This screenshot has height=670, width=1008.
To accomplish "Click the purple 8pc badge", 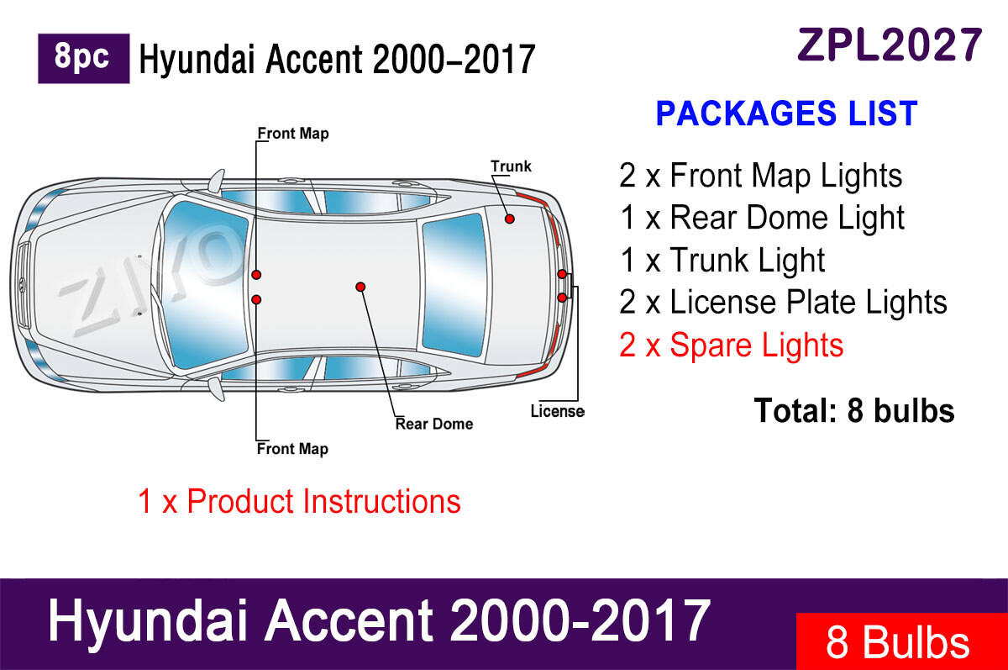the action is pos(84,59).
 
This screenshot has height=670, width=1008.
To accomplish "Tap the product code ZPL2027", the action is pos(890,45).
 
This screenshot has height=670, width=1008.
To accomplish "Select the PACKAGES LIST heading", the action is pos(787,113).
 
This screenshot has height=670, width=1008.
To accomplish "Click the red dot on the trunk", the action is pos(509,219).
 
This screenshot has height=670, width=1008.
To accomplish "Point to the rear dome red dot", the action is pos(360,287).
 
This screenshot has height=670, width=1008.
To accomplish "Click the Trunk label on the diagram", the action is pos(511,166).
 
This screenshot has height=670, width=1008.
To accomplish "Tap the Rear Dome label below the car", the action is pos(433,424).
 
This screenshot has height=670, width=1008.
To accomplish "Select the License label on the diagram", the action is pos(557,411).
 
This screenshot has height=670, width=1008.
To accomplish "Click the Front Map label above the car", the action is pos(293,134).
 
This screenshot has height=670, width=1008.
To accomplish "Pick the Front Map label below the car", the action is pos(292,449).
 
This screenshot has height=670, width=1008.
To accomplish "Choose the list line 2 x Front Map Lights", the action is pos(760,177).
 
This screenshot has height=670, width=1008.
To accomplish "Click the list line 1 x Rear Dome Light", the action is pos(763,219).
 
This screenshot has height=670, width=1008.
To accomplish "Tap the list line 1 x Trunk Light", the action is pos(722,261).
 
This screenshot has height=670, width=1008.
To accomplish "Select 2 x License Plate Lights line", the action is pos(783,302).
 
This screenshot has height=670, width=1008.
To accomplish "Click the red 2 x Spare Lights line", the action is pos(732,346).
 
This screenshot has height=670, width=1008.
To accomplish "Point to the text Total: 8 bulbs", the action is pos(854,410).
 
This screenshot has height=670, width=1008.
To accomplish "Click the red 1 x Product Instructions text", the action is pos(299,501).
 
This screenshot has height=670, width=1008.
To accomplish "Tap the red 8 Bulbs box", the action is pos(902,641).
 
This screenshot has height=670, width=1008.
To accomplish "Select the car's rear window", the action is pos(454,285).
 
